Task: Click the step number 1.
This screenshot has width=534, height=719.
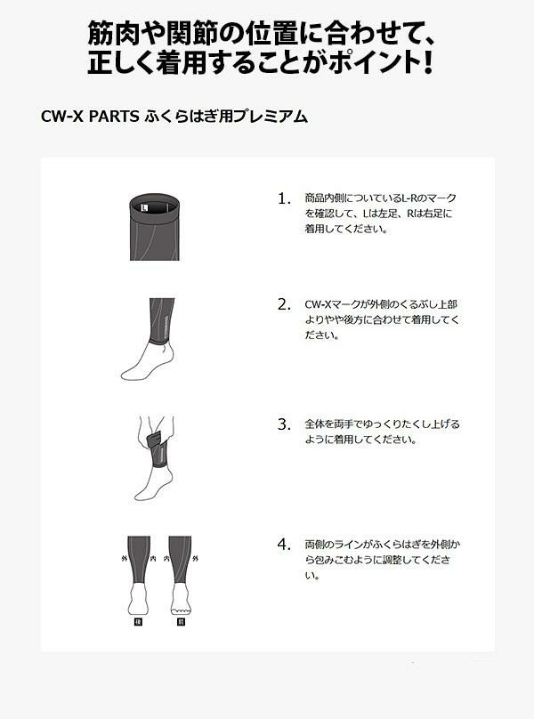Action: [x=283, y=198]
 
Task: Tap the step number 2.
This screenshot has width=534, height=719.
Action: [x=284, y=304]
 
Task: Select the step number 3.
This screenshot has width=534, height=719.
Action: [x=284, y=424]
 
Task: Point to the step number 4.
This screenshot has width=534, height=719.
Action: [x=284, y=545]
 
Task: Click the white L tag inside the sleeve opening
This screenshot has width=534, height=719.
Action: [x=145, y=207]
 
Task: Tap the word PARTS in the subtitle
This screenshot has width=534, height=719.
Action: [x=114, y=117]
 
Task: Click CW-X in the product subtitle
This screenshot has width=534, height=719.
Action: [x=62, y=117]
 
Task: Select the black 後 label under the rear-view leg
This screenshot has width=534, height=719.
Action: [x=138, y=622]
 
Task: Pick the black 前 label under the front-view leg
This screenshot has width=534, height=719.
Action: [x=181, y=622]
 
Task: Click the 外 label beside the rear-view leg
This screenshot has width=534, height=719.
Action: [x=124, y=559]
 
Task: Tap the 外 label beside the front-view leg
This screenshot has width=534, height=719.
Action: [x=196, y=559]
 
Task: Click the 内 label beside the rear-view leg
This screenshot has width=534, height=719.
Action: [x=153, y=559]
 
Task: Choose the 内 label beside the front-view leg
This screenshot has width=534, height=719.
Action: [x=166, y=559]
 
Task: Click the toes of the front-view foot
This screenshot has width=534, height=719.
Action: [x=181, y=610]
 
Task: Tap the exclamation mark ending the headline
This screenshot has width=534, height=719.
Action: [x=427, y=62]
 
